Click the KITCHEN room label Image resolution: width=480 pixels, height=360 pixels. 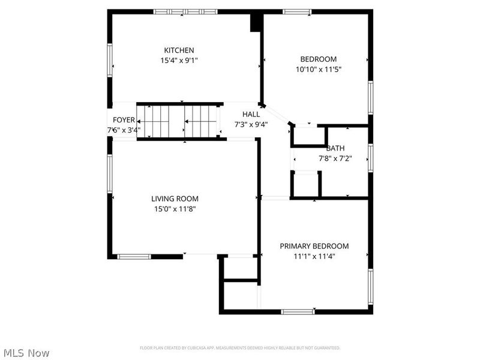(179, 50)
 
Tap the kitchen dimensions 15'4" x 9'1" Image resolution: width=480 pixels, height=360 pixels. (179, 60)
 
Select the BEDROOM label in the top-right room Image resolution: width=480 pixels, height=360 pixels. (319, 59)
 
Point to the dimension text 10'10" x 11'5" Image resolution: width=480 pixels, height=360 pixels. (319, 69)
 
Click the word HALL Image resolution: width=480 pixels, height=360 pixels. (251, 114)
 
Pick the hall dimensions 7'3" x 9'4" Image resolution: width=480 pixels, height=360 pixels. (251, 124)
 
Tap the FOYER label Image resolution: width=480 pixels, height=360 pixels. (124, 120)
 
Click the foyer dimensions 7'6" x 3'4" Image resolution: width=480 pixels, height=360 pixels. (124, 130)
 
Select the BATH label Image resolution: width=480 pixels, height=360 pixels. (335, 149)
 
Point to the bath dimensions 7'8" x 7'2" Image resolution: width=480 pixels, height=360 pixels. (335, 159)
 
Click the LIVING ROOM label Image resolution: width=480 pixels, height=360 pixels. (175, 199)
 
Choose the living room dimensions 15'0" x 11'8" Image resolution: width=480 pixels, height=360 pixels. (174, 209)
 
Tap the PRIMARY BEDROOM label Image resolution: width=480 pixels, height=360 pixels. (314, 246)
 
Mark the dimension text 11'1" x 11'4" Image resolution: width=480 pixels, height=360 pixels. (314, 256)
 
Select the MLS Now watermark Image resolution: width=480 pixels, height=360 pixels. (26, 353)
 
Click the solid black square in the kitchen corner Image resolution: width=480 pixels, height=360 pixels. (256, 22)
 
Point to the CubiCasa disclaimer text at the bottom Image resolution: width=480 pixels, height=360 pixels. (240, 348)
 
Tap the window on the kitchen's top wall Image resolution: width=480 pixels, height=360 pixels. (185, 11)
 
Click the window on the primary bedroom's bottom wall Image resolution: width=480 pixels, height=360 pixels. (298, 311)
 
